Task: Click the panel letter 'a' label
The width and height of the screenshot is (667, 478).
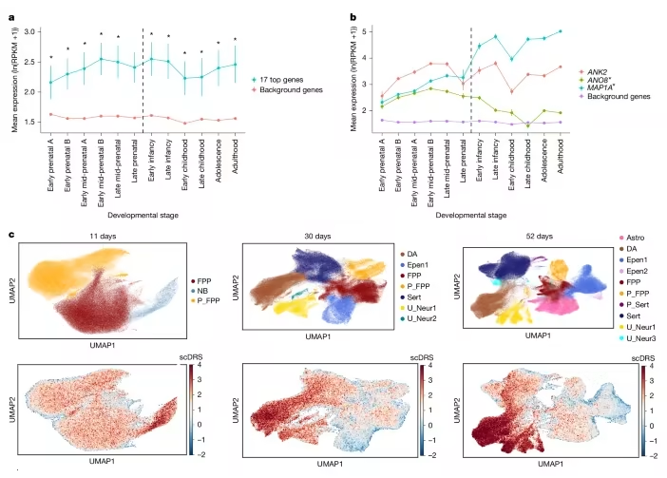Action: coord(10,16)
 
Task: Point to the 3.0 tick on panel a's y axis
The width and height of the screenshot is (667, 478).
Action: coord(27,33)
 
